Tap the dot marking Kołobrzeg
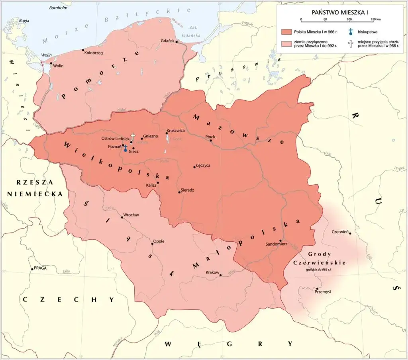click(83, 50)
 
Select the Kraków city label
click(212, 272)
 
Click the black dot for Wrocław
click(122, 217)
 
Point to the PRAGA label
click(40, 268)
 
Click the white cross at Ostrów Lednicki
click(133, 137)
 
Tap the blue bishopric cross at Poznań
click(126, 149)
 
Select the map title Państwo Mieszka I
click(341, 12)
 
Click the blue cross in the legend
click(351, 32)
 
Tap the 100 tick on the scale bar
click(349, 20)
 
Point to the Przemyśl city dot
click(317, 288)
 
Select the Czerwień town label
click(340, 232)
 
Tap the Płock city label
click(210, 137)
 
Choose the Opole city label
click(159, 241)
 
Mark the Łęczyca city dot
click(194, 167)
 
